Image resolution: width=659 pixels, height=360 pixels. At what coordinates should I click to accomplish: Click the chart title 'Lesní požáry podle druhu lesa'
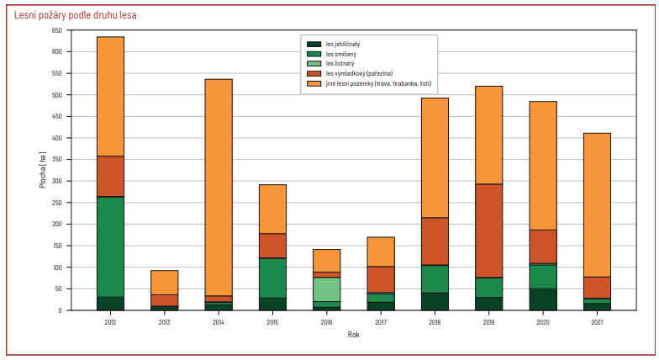point(76,15)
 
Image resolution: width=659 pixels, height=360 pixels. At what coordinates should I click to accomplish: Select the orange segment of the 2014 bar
point(219,188)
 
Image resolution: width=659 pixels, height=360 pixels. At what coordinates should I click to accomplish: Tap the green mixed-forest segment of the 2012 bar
point(111,247)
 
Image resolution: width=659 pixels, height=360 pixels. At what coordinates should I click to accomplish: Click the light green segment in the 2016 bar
point(326,289)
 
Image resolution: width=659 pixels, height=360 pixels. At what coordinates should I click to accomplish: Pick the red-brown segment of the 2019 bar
point(489,230)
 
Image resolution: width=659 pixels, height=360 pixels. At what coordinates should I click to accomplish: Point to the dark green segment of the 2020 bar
point(543,299)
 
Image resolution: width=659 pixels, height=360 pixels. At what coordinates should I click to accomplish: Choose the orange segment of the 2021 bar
point(597,205)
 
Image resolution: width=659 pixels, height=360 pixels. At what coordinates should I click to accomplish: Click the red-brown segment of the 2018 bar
point(435,241)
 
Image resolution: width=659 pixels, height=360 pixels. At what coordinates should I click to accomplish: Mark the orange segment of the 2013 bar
point(165,283)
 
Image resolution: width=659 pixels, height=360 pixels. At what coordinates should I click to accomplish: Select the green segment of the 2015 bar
point(272,278)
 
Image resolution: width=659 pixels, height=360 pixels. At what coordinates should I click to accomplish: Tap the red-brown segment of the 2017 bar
point(381,279)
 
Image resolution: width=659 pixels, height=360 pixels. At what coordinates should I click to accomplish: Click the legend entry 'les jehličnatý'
point(334,44)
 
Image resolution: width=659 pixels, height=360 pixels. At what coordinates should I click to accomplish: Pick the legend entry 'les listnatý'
point(331,64)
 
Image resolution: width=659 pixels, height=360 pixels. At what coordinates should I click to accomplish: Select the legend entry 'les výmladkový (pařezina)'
point(350,74)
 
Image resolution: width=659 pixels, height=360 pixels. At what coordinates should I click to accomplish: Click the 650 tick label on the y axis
point(57,30)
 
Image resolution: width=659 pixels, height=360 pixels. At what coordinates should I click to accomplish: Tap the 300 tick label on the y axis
point(57,182)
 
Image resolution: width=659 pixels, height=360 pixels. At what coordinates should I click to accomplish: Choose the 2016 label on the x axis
point(326,322)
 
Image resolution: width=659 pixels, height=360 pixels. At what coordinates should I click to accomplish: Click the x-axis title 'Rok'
point(353,335)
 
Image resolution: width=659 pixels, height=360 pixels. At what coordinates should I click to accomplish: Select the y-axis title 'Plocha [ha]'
point(42,170)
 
